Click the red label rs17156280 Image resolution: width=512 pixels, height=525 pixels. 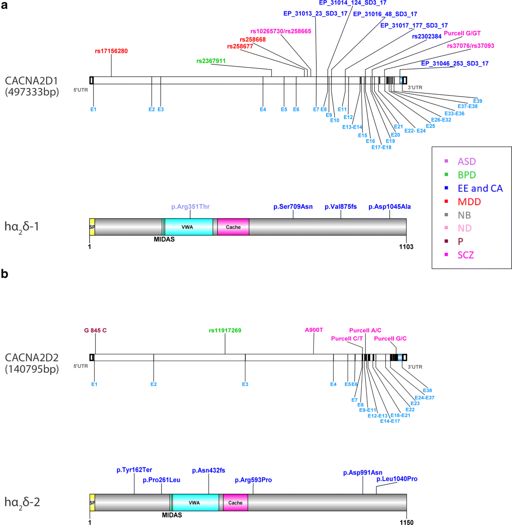pos(111,51)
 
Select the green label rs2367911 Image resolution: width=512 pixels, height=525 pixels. pos(211,61)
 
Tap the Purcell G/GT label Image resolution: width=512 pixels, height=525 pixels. pos(462,33)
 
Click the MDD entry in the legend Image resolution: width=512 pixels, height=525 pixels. pos(469,201)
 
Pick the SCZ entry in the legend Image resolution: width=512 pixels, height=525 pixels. pos(465,255)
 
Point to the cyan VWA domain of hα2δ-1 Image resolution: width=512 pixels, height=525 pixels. pos(188,227)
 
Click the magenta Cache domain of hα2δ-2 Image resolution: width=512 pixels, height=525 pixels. pos(235,503)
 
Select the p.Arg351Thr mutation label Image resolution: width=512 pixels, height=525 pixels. pos(190,207)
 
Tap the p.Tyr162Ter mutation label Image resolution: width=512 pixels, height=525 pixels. pos(134,470)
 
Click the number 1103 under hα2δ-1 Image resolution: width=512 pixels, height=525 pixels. pos(406,247)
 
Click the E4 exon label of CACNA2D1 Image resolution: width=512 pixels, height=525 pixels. pos(263,110)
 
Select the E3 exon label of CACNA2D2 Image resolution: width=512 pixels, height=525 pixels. pos(245,384)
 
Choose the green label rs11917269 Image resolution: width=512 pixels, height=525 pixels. pos(225,330)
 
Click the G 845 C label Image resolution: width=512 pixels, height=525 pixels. pos(95,330)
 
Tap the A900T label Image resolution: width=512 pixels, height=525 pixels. pos(314,330)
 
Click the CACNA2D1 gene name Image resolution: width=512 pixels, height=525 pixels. pos(31,81)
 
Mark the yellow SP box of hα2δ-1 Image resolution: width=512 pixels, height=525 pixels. pos(92,227)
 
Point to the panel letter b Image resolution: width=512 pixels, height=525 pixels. pos(5,274)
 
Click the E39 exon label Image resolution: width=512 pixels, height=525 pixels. pos(477,101)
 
